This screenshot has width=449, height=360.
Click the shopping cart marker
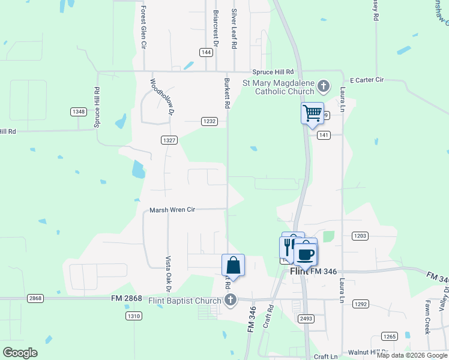click(x=312, y=113)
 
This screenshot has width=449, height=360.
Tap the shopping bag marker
click(x=233, y=265)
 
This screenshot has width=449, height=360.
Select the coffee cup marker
click(x=306, y=252)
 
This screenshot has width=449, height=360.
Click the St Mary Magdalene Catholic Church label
click(x=278, y=87)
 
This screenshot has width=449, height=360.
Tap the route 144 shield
click(x=206, y=53)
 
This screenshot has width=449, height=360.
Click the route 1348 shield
click(x=78, y=112)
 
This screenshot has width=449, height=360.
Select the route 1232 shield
click(x=209, y=121)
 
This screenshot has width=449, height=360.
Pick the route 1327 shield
click(x=169, y=140)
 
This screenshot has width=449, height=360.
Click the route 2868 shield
click(x=35, y=298)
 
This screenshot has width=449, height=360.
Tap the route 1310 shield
click(x=134, y=316)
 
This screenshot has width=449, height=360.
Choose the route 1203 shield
click(x=360, y=236)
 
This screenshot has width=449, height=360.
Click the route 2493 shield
click(x=306, y=319)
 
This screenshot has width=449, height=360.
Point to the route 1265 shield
click(x=390, y=337)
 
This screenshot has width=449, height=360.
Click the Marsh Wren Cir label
click(x=173, y=210)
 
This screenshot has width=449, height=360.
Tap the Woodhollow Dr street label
click(x=161, y=97)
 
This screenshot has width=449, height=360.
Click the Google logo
click(x=20, y=352)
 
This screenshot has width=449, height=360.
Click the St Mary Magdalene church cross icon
click(x=323, y=87)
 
